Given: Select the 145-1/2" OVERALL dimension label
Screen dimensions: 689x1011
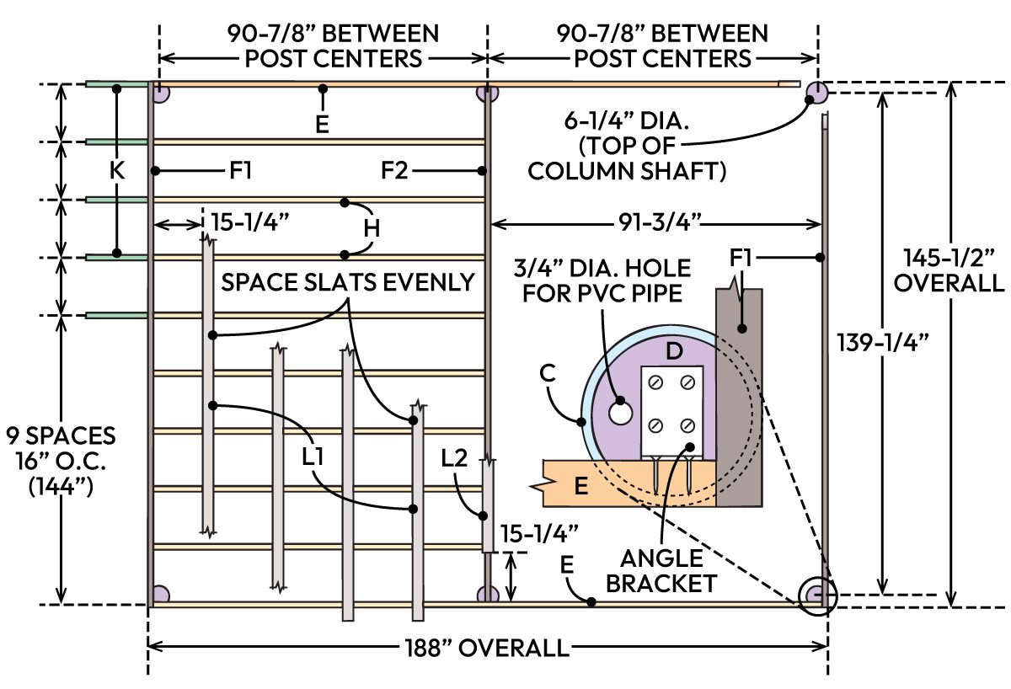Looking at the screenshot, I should [949, 270].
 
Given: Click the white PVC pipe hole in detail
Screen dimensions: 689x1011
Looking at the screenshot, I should [621, 413].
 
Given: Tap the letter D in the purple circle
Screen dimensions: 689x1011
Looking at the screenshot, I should [673, 351].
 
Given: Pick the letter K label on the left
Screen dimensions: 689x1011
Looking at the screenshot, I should [117, 171].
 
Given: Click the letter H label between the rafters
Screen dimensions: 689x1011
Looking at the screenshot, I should [372, 227].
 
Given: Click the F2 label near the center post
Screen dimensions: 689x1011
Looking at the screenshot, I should [394, 171].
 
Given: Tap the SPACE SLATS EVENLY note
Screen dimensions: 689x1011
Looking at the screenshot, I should [348, 282].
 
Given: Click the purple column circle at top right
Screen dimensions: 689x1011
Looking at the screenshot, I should [815, 92].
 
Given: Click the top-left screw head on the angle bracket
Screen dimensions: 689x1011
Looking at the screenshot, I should [656, 382].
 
